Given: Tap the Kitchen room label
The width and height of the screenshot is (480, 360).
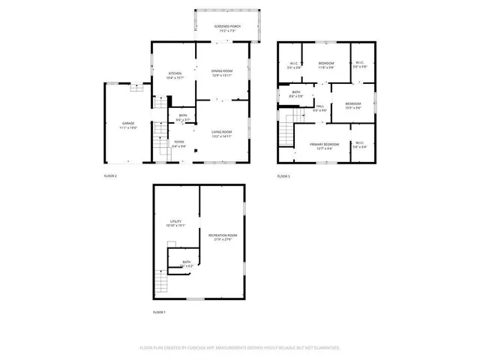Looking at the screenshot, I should (x=175, y=75).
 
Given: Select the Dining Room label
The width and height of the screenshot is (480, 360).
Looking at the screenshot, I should (x=222, y=72).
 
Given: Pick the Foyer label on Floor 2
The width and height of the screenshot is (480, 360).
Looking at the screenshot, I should (x=178, y=143).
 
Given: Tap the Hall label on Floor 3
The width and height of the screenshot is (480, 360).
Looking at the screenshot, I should (x=320, y=109).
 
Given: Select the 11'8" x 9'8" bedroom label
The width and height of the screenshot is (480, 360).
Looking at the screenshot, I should (x=326, y=65).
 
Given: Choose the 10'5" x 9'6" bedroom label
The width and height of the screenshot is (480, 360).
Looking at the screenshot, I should (x=352, y=105).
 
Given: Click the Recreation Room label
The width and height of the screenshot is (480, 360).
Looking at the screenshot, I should (x=223, y=238).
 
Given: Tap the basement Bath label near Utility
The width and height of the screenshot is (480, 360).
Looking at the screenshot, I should (x=186, y=264).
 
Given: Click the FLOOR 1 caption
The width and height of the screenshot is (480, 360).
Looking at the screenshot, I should (x=159, y=311).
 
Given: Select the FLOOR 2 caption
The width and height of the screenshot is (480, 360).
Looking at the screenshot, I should (x=110, y=175).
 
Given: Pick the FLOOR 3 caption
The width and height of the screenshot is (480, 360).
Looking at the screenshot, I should (x=283, y=175).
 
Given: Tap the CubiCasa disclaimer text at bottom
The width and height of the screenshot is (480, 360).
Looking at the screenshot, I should (x=240, y=347).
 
